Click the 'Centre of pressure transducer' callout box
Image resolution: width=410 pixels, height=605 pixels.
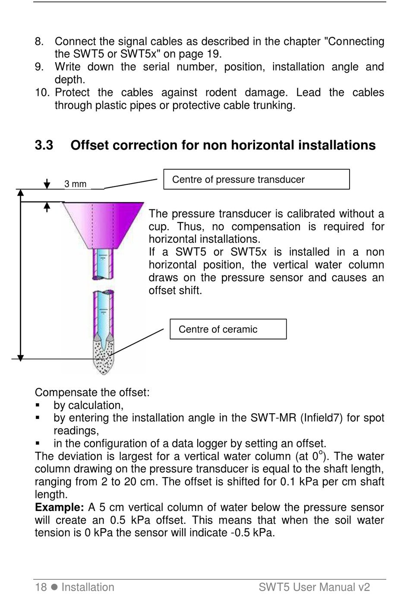coord(256,179)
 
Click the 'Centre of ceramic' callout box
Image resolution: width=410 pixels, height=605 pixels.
coord(228,329)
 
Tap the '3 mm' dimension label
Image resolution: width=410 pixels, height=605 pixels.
coord(76,184)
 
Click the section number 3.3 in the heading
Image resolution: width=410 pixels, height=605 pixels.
coord(44,146)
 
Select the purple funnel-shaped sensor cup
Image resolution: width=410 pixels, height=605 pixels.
coord(103,225)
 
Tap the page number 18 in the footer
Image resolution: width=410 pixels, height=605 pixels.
coord(41,587)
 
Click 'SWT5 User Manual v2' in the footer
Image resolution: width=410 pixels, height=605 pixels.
coord(314,587)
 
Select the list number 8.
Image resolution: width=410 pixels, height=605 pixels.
coord(39,41)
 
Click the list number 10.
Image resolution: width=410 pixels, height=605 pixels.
coord(42,92)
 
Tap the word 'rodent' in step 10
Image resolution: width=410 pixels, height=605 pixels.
coord(221,92)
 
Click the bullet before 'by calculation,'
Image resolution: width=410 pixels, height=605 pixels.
coord(38,405)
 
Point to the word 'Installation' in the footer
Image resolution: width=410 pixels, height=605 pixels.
coord(88,587)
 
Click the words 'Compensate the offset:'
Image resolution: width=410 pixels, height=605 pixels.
coord(92,393)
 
